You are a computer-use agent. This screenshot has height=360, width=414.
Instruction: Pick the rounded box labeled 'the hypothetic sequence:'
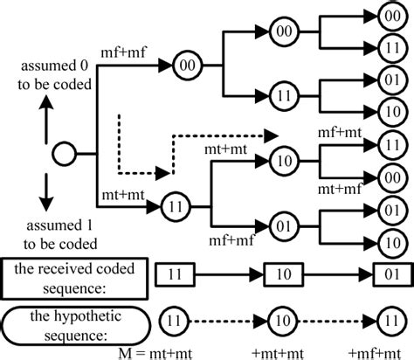coord(71,319)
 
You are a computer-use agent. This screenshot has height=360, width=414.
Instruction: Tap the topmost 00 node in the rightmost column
coord(391,16)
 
